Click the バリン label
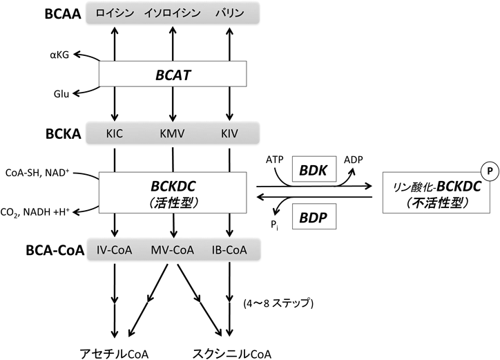[228, 13]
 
